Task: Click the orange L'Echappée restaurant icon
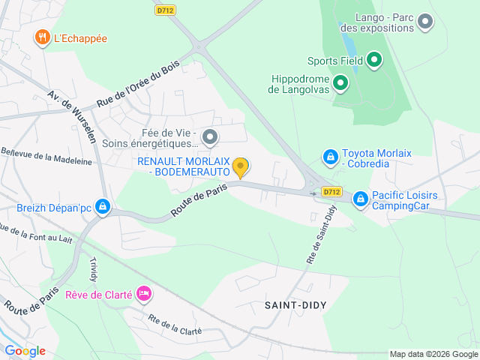42,37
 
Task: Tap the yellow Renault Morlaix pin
240,166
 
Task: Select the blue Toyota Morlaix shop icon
330,157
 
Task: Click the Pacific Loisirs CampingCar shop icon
360,199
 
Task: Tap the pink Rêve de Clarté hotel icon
143,295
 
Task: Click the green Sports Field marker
374,60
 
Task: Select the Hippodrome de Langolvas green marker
340,82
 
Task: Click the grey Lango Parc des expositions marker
425,21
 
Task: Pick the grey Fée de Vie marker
210,136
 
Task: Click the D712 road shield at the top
165,10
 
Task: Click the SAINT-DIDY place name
295,305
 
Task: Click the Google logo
25,350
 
